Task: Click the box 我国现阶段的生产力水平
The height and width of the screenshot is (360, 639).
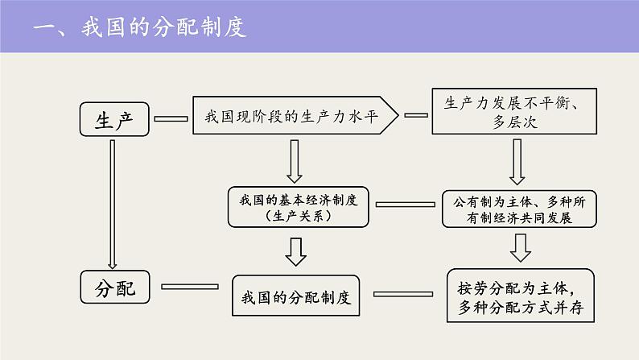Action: [x=295, y=117]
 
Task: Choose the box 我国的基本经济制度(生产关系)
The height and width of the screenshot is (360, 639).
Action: [x=297, y=207]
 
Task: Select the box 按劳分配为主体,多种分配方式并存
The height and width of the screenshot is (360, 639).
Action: [x=521, y=296]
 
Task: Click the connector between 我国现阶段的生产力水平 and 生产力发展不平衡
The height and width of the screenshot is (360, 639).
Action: [x=416, y=114]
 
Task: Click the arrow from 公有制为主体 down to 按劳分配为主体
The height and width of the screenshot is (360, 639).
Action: [x=521, y=248]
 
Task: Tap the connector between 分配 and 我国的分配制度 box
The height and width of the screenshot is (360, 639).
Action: [x=190, y=286]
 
